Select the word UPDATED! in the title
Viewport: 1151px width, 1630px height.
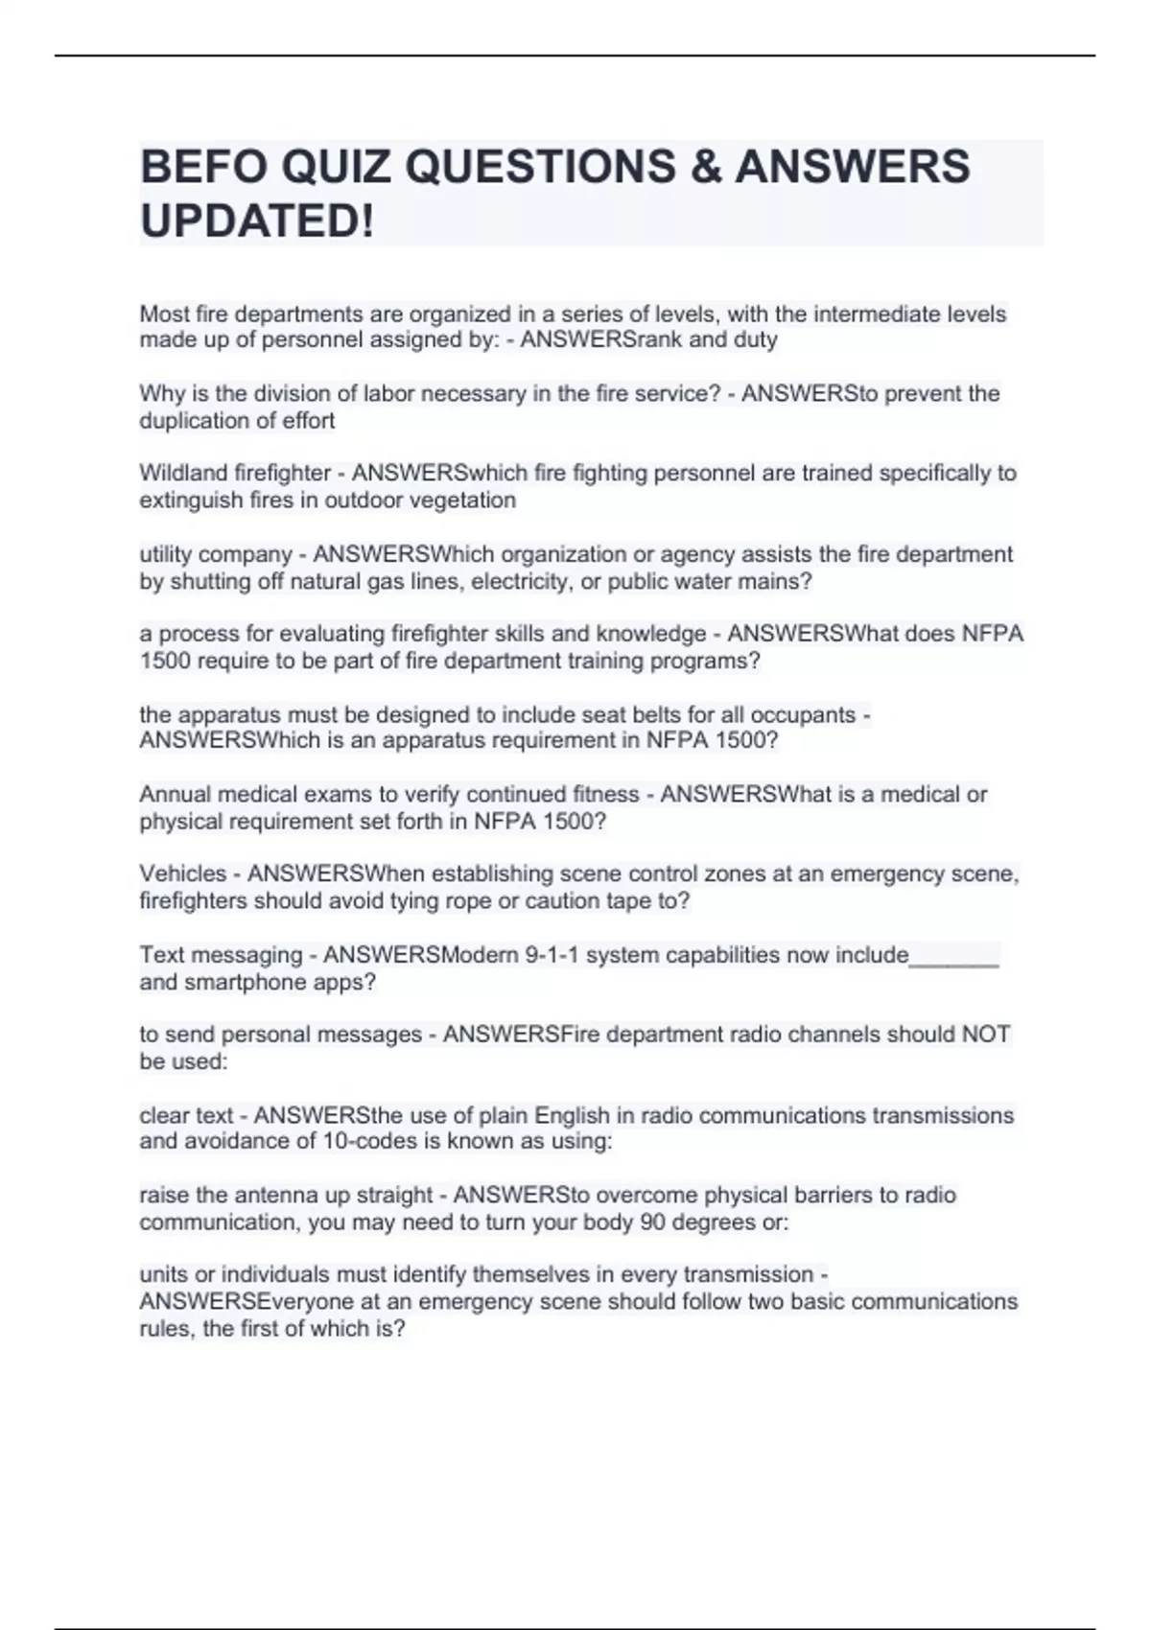tap(257, 221)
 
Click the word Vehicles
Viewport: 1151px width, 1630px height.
tap(182, 873)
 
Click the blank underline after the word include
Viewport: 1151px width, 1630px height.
tap(954, 955)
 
